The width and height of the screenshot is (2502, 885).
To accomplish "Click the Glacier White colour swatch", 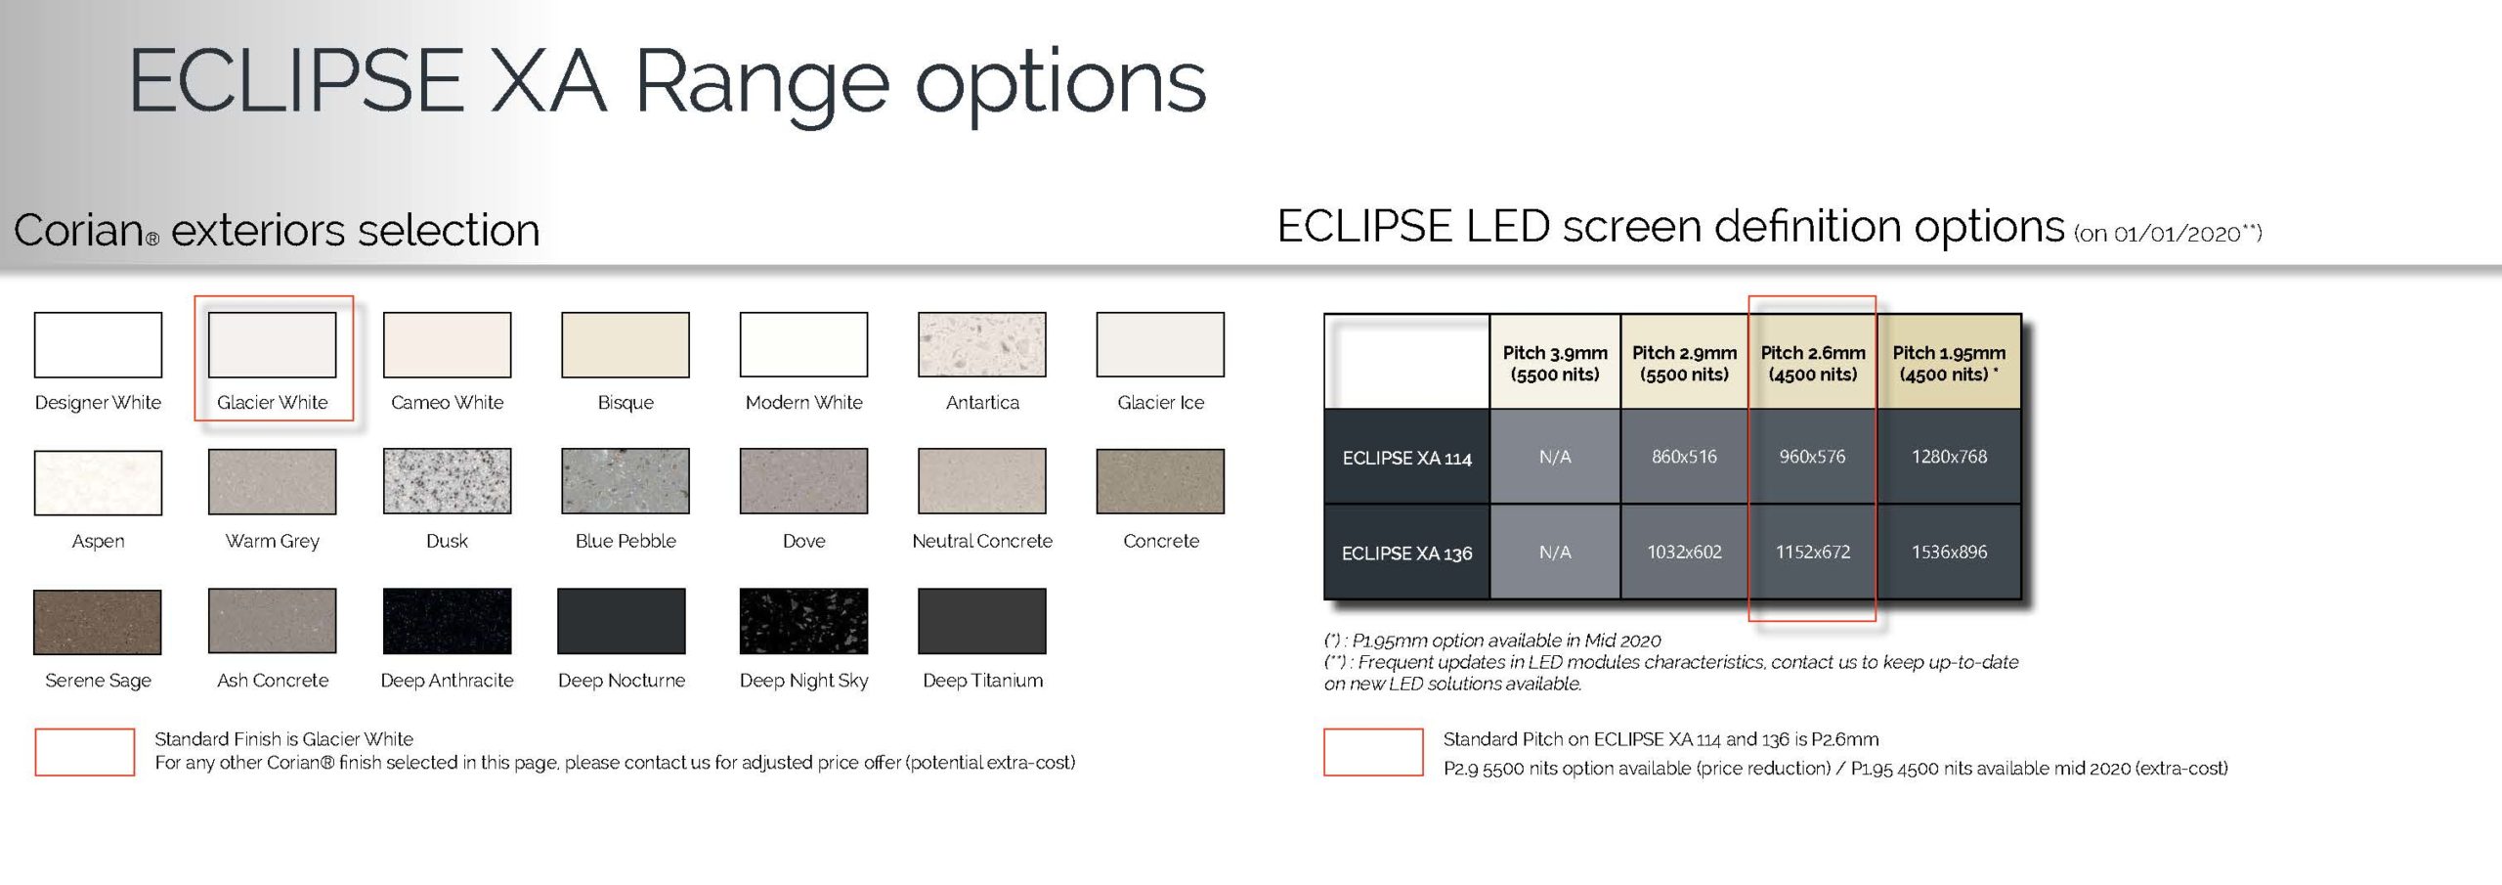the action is tap(272, 344).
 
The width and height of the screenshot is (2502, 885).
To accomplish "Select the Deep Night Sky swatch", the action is tap(803, 621).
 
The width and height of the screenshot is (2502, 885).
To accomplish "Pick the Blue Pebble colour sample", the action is tap(625, 481).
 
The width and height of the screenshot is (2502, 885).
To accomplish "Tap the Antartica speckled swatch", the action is tap(982, 344).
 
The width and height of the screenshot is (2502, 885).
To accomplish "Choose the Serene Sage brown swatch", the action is tap(98, 622).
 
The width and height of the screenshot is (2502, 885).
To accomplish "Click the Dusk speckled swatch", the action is tap(447, 481).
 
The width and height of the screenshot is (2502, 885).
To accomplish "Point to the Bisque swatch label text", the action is tap(625, 403).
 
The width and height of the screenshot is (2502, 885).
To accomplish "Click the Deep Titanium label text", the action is tap(982, 681).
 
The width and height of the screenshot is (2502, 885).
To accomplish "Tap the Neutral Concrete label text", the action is tap(982, 541).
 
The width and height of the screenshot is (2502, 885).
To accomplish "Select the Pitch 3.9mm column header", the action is tap(1555, 362).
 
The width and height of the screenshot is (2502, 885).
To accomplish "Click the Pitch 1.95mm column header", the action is tap(1949, 362).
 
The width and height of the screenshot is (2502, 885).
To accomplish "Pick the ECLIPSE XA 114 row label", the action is tap(1406, 457).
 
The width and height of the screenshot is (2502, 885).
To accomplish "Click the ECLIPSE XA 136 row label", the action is tap(1406, 553).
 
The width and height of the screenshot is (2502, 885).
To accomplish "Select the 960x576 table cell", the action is tap(1812, 457).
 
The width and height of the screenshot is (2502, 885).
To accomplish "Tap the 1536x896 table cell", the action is tap(1949, 553).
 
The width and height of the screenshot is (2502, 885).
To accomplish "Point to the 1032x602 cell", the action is tap(1684, 553).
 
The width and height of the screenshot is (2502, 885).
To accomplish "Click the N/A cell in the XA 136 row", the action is tap(1555, 553).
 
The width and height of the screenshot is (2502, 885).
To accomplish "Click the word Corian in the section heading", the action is tap(79, 231).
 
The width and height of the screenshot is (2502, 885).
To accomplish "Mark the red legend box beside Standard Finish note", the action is tap(85, 752).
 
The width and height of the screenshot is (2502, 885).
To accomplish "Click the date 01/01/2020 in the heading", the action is tap(2177, 234).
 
